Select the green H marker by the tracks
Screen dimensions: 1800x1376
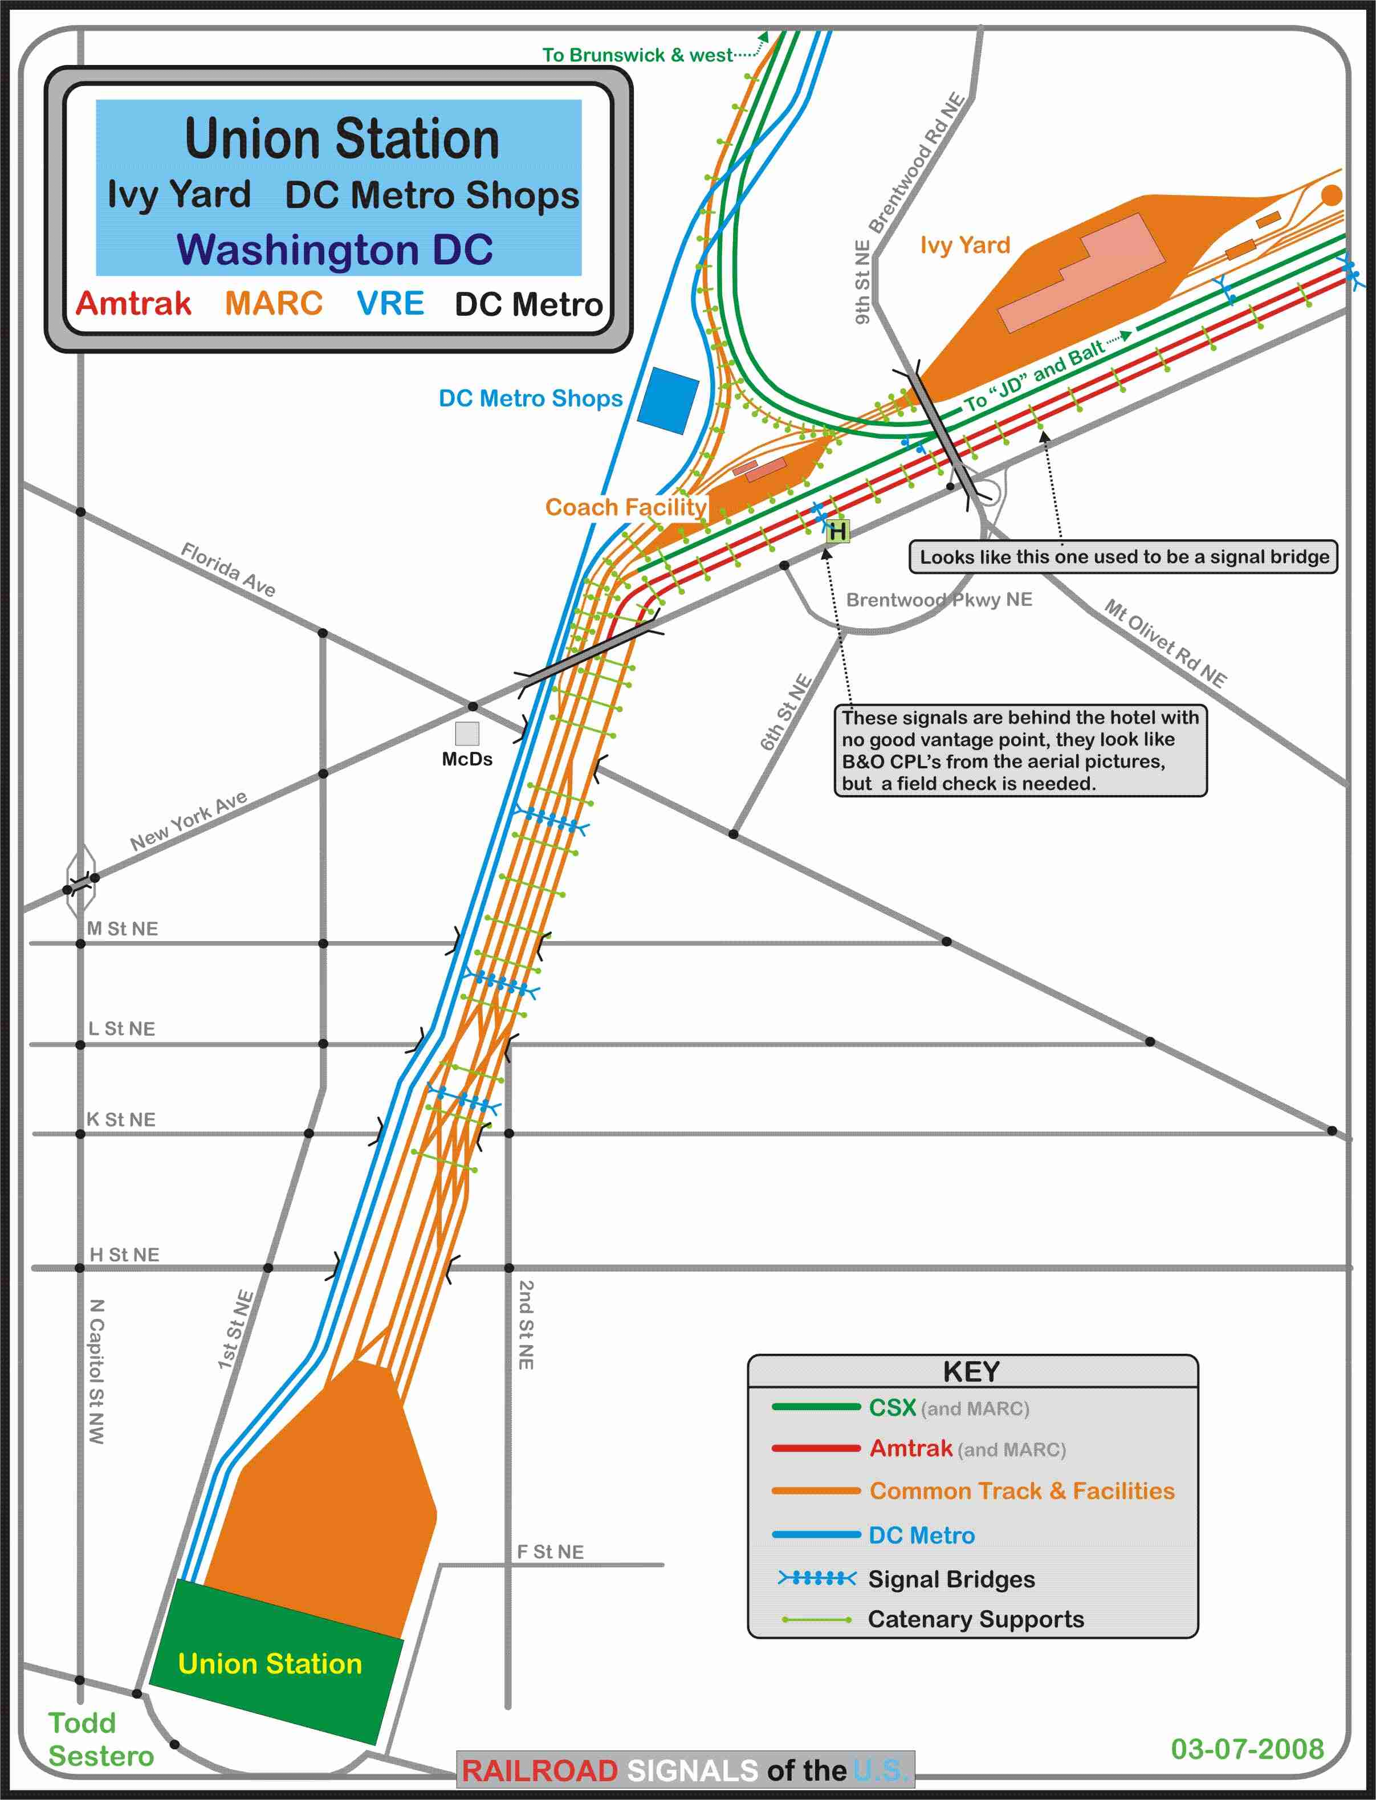pyautogui.click(x=836, y=531)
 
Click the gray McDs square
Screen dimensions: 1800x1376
pyautogui.click(x=467, y=733)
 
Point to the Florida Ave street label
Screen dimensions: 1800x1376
pyautogui.click(x=227, y=569)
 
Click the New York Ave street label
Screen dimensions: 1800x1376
pyautogui.click(x=188, y=821)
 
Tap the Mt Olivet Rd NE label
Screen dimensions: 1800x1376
pyautogui.click(x=1165, y=644)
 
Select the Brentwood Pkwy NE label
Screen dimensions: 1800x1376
pyautogui.click(x=939, y=600)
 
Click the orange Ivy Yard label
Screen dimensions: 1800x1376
pyautogui.click(x=965, y=245)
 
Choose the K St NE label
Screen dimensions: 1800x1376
pyautogui.click(x=121, y=1119)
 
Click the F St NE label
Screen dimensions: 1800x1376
pyautogui.click(x=551, y=1552)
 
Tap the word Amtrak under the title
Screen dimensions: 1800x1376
pyautogui.click(x=133, y=304)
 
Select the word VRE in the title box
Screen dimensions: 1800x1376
pyautogui.click(x=390, y=304)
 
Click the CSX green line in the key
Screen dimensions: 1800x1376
pyautogui.click(x=815, y=1407)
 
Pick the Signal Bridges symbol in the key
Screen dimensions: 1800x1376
pyautogui.click(x=817, y=1578)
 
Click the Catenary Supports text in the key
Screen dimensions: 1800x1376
pyautogui.click(x=975, y=1619)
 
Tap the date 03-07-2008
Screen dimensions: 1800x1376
pyautogui.click(x=1247, y=1748)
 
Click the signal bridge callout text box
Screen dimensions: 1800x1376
pyautogui.click(x=1123, y=557)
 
